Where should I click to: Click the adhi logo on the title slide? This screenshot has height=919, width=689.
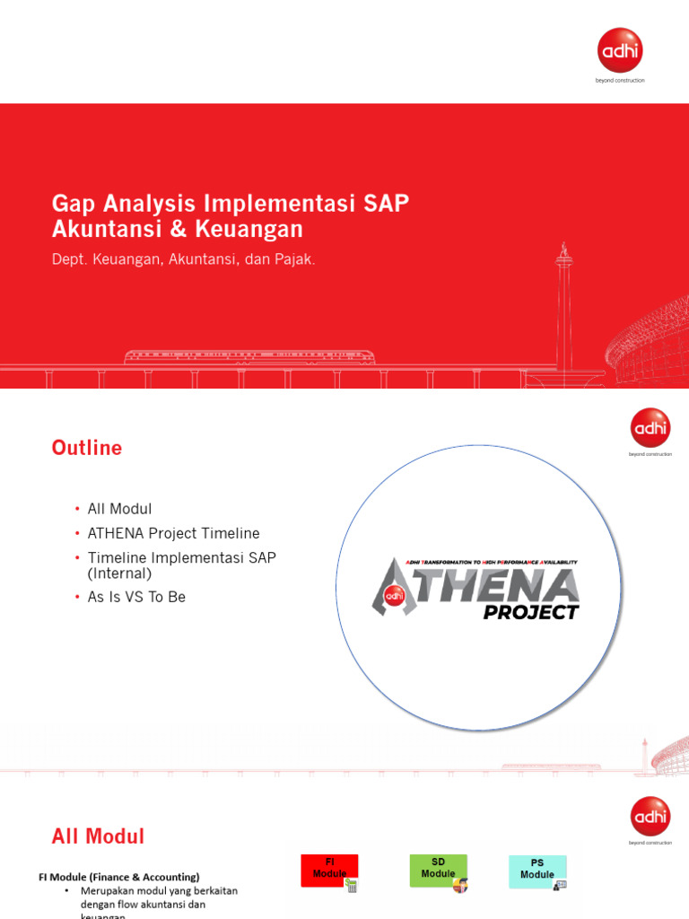click(x=620, y=51)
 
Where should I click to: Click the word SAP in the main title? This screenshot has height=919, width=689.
click(x=387, y=203)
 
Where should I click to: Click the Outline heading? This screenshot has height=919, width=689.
click(x=87, y=448)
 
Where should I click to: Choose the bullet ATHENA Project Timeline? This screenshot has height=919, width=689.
click(x=173, y=533)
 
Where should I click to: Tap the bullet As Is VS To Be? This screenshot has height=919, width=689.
click(x=136, y=597)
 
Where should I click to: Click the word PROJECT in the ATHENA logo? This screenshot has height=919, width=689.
click(x=531, y=612)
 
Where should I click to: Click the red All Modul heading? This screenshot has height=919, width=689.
click(x=98, y=836)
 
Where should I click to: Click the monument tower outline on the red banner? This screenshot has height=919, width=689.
click(x=563, y=305)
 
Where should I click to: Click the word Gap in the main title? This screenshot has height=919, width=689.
click(x=74, y=203)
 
